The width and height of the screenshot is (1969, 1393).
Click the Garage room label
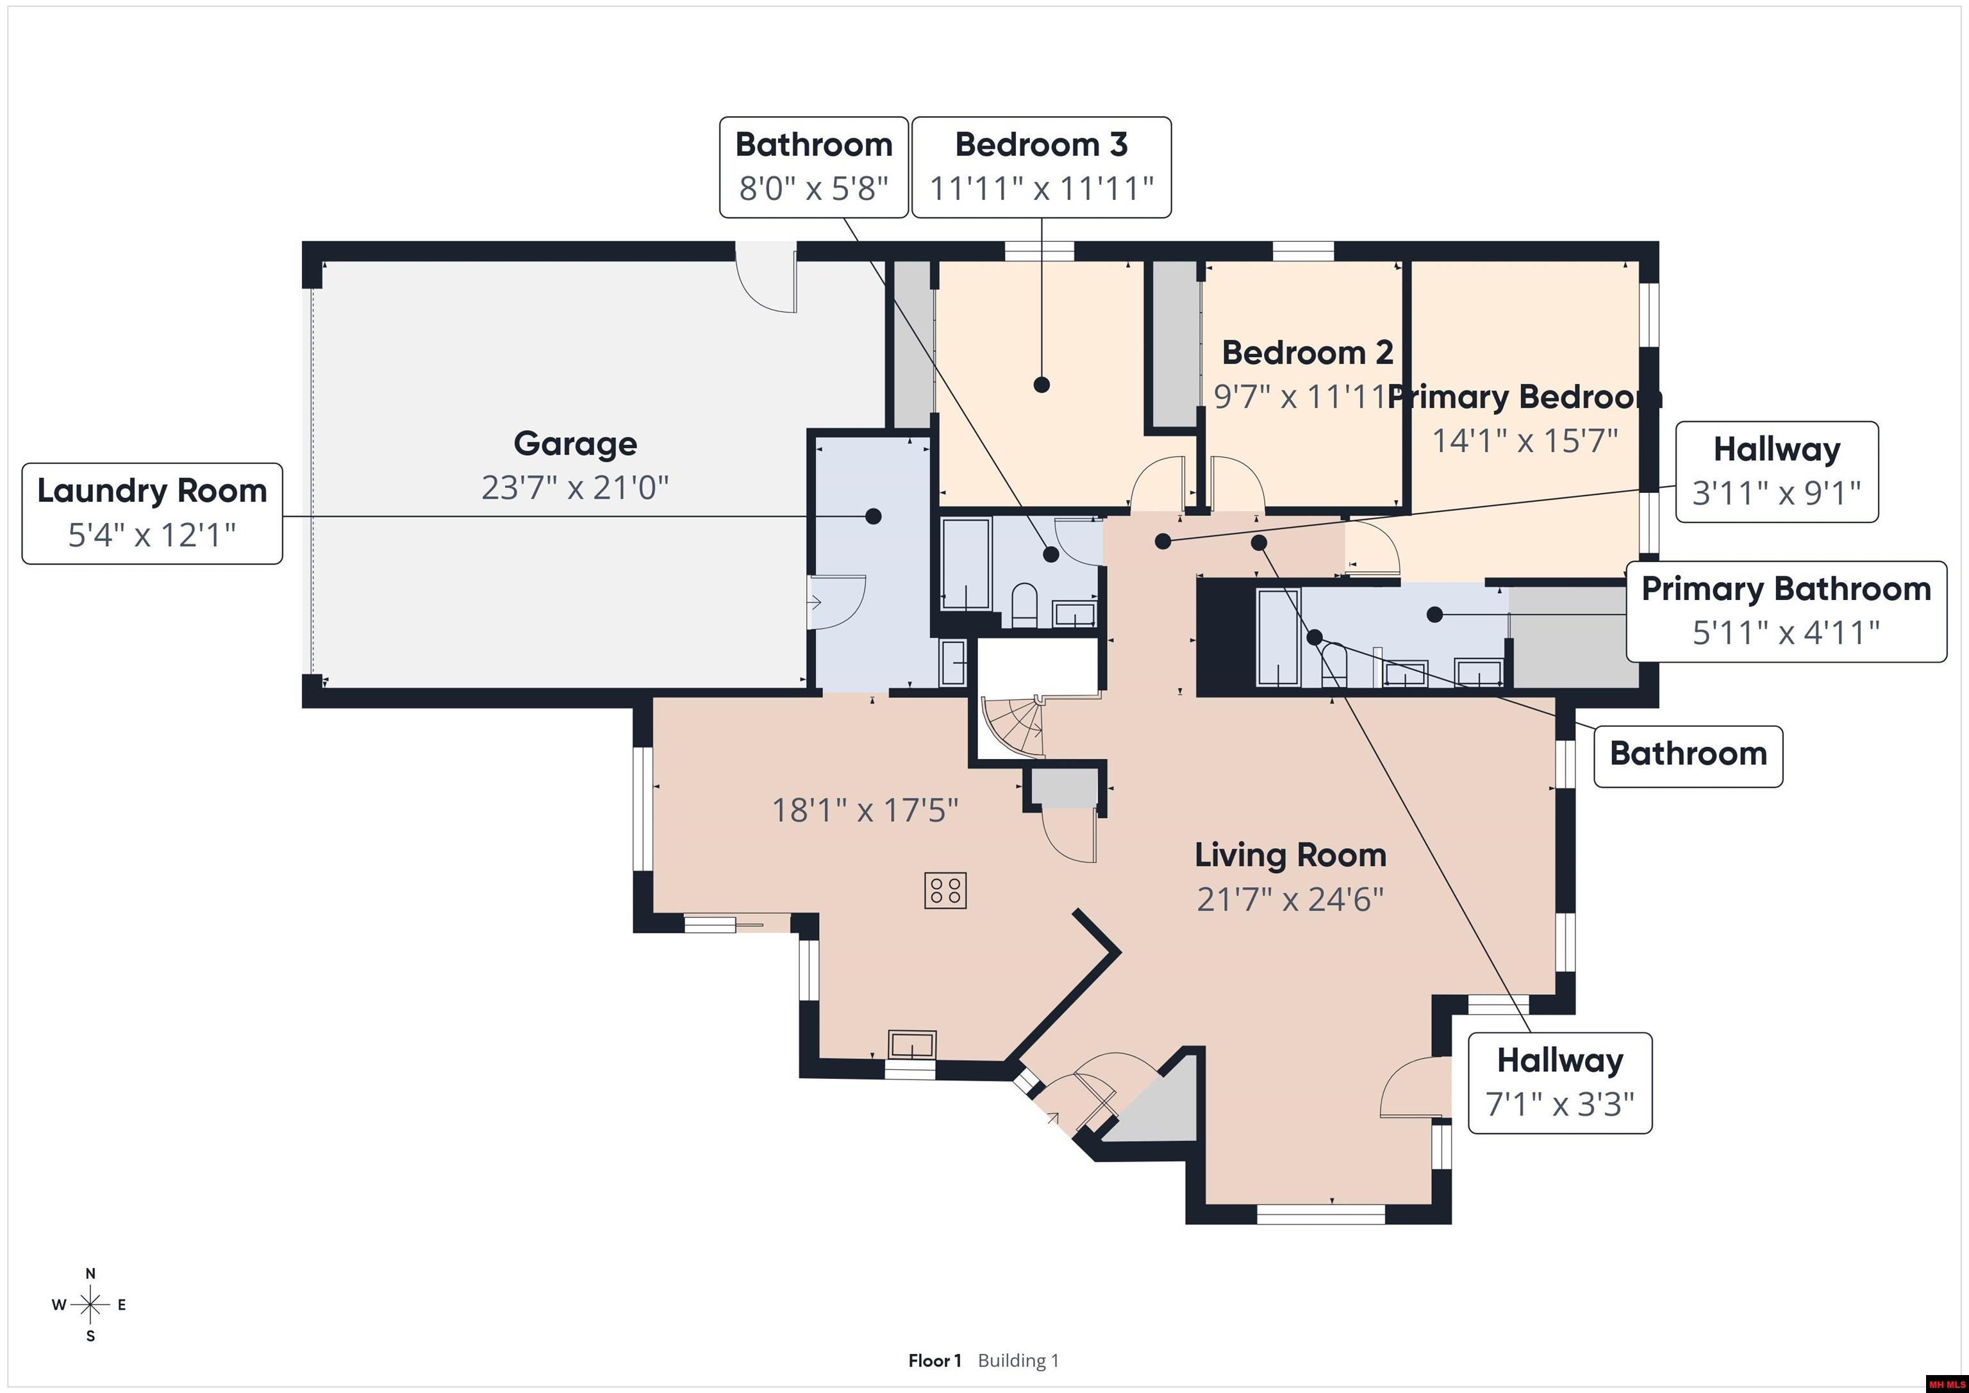pos(574,444)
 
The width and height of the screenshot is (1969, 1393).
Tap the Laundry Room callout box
pos(152,513)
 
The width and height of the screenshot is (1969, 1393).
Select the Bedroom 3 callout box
pos(1040,167)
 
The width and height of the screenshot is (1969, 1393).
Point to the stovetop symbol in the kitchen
pos(945,890)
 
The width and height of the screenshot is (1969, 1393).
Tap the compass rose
pos(90,1305)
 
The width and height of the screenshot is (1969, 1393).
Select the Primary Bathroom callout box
pos(1786,611)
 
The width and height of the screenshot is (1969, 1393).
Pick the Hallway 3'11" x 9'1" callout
pos(1776,471)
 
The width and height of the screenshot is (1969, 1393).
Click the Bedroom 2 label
pos(1306,353)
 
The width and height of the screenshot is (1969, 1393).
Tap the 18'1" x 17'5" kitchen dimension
pos(865,810)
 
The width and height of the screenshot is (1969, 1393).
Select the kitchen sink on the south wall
pos(911,1046)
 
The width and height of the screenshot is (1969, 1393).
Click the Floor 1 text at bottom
pos(935,1360)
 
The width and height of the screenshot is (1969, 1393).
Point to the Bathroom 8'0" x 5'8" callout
pos(813,167)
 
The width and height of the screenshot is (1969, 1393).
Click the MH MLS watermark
pos(1946,1383)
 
